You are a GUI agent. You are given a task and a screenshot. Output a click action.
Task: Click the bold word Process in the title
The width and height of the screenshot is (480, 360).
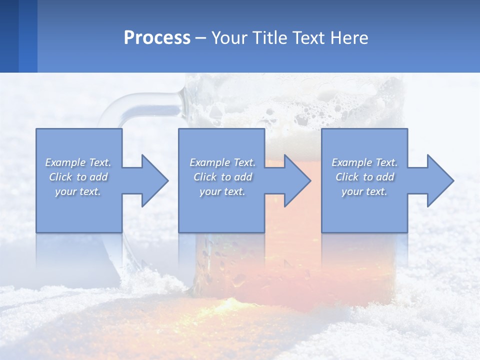point(157,38)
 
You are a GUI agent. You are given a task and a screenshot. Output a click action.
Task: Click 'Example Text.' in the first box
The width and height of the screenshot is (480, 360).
point(78,162)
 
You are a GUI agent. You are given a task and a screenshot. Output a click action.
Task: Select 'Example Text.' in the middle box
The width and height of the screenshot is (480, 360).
point(222,162)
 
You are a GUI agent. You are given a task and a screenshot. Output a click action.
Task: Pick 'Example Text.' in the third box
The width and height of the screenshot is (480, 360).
point(364,162)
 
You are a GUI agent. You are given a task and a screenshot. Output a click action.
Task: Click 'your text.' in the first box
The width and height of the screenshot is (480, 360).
point(78,191)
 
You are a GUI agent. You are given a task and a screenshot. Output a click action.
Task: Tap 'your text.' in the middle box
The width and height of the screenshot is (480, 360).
point(222,191)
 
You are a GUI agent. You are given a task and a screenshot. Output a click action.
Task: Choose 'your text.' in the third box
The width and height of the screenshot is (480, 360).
point(364,191)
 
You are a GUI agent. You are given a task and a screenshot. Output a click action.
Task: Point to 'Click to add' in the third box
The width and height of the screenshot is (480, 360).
point(364,177)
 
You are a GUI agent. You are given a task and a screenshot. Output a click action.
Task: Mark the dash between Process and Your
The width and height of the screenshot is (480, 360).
point(200,38)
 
